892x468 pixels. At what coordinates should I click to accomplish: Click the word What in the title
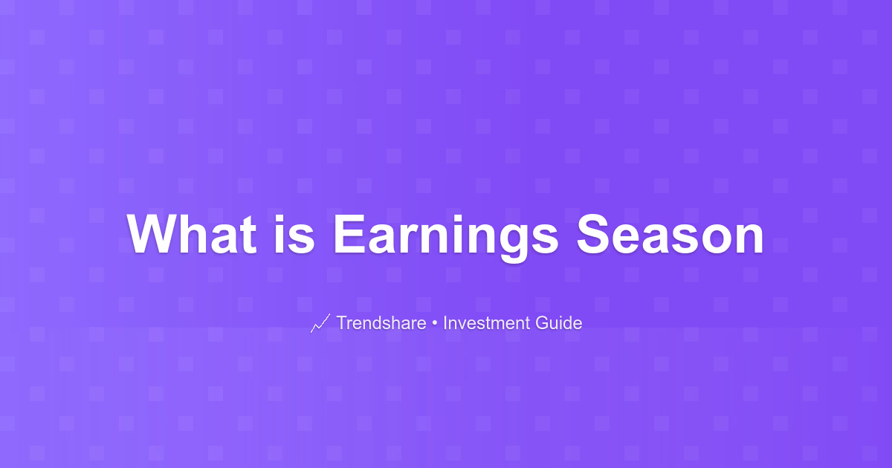point(192,234)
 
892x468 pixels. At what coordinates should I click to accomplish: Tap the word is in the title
point(294,234)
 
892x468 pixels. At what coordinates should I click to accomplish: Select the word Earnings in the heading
point(446,238)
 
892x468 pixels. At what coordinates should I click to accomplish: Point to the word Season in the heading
point(670,234)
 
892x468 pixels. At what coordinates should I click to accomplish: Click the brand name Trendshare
point(381,322)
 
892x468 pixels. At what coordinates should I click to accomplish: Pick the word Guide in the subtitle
point(559,322)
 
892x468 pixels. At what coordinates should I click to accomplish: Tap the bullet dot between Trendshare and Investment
point(435,323)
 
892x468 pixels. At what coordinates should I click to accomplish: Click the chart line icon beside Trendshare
point(320,323)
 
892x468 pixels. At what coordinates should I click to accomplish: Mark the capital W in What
point(153,234)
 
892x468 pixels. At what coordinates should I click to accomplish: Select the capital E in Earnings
point(349,234)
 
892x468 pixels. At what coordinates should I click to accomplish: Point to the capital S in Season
point(593,234)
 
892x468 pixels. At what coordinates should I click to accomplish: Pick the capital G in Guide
point(543,322)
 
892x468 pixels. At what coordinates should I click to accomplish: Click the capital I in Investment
point(445,322)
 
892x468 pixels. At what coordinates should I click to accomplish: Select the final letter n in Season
point(750,238)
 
